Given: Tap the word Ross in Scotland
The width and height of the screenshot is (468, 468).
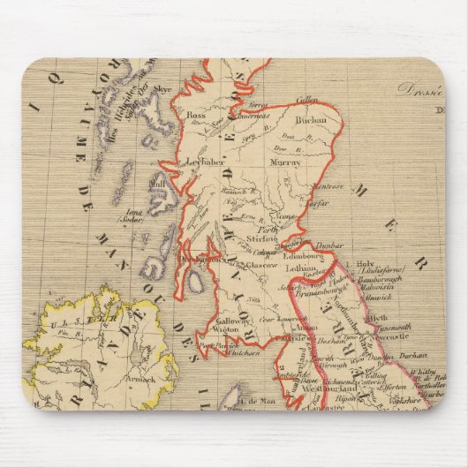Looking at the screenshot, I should point(196,115).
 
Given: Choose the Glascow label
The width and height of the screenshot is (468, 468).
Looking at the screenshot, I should point(262,264).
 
